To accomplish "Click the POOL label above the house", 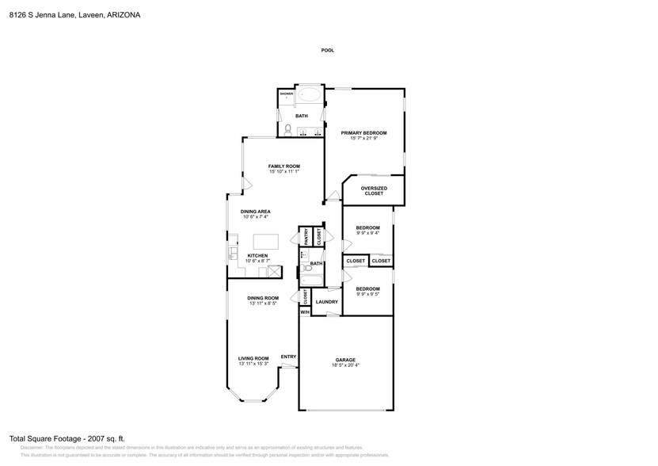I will tap(327, 50).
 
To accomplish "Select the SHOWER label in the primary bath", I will tap(286, 94).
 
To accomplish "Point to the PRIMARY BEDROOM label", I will tap(363, 132).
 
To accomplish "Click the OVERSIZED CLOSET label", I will tap(373, 190).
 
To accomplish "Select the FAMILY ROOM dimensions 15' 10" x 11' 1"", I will tap(283, 171).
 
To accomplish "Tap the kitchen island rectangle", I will tap(267, 242).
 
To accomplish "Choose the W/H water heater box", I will tap(304, 311).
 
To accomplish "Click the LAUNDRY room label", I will tap(326, 302).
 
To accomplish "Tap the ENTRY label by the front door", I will tap(287, 357).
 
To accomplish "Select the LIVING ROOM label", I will tap(253, 358).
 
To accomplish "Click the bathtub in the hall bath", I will tap(309, 274).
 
